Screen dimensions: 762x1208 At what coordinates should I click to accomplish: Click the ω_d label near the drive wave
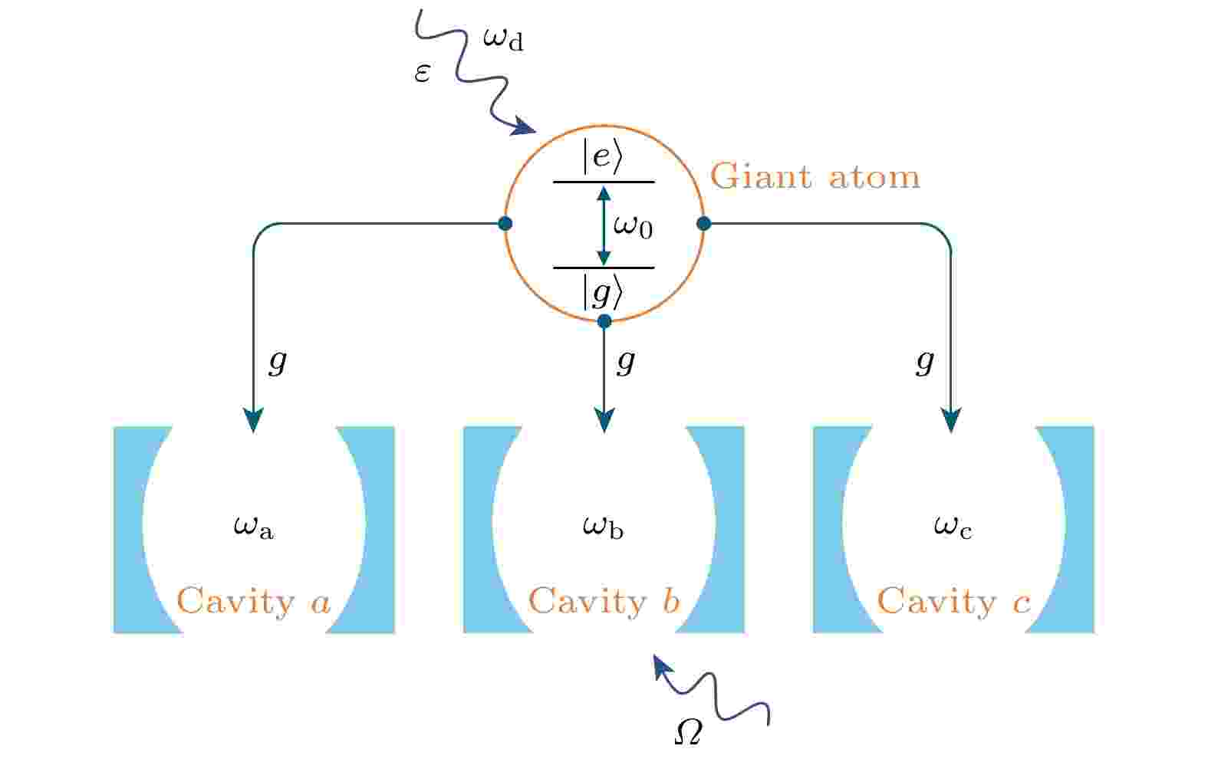click(x=503, y=38)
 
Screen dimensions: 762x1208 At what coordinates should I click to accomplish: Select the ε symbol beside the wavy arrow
click(x=422, y=73)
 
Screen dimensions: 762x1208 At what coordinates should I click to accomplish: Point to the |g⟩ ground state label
click(x=603, y=292)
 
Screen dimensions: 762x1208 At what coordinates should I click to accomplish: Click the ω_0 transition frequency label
click(x=633, y=226)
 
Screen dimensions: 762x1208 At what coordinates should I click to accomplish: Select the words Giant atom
click(x=815, y=177)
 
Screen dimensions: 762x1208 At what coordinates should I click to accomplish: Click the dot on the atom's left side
click(x=505, y=224)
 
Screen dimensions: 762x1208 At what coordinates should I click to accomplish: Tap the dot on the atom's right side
click(x=703, y=224)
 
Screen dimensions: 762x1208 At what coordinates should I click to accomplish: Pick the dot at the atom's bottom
click(x=604, y=321)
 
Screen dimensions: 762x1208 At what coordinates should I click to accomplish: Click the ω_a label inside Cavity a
click(x=253, y=527)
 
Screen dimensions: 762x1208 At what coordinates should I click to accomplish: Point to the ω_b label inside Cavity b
click(x=603, y=527)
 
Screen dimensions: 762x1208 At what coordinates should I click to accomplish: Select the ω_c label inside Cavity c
click(x=953, y=527)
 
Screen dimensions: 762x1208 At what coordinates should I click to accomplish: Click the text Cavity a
click(x=254, y=602)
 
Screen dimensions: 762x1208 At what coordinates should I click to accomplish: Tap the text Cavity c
click(x=953, y=602)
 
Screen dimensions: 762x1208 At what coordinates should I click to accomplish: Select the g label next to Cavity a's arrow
click(x=278, y=360)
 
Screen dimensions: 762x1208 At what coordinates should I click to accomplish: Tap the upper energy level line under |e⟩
click(x=604, y=182)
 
